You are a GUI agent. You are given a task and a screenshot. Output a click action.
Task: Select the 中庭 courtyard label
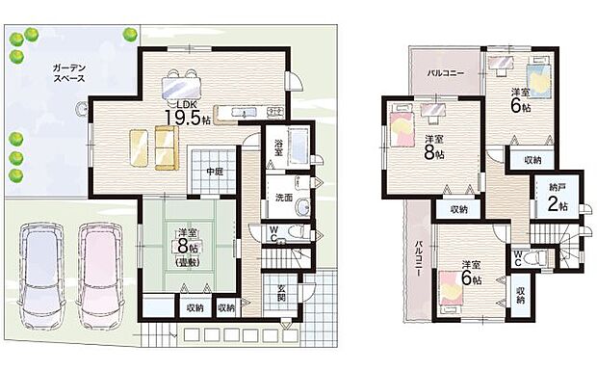pyautogui.click(x=214, y=173)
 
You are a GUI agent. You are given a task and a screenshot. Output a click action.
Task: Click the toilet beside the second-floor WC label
pyautogui.click(x=538, y=258)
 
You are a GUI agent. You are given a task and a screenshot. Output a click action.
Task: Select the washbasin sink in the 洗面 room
pyautogui.click(x=304, y=206)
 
